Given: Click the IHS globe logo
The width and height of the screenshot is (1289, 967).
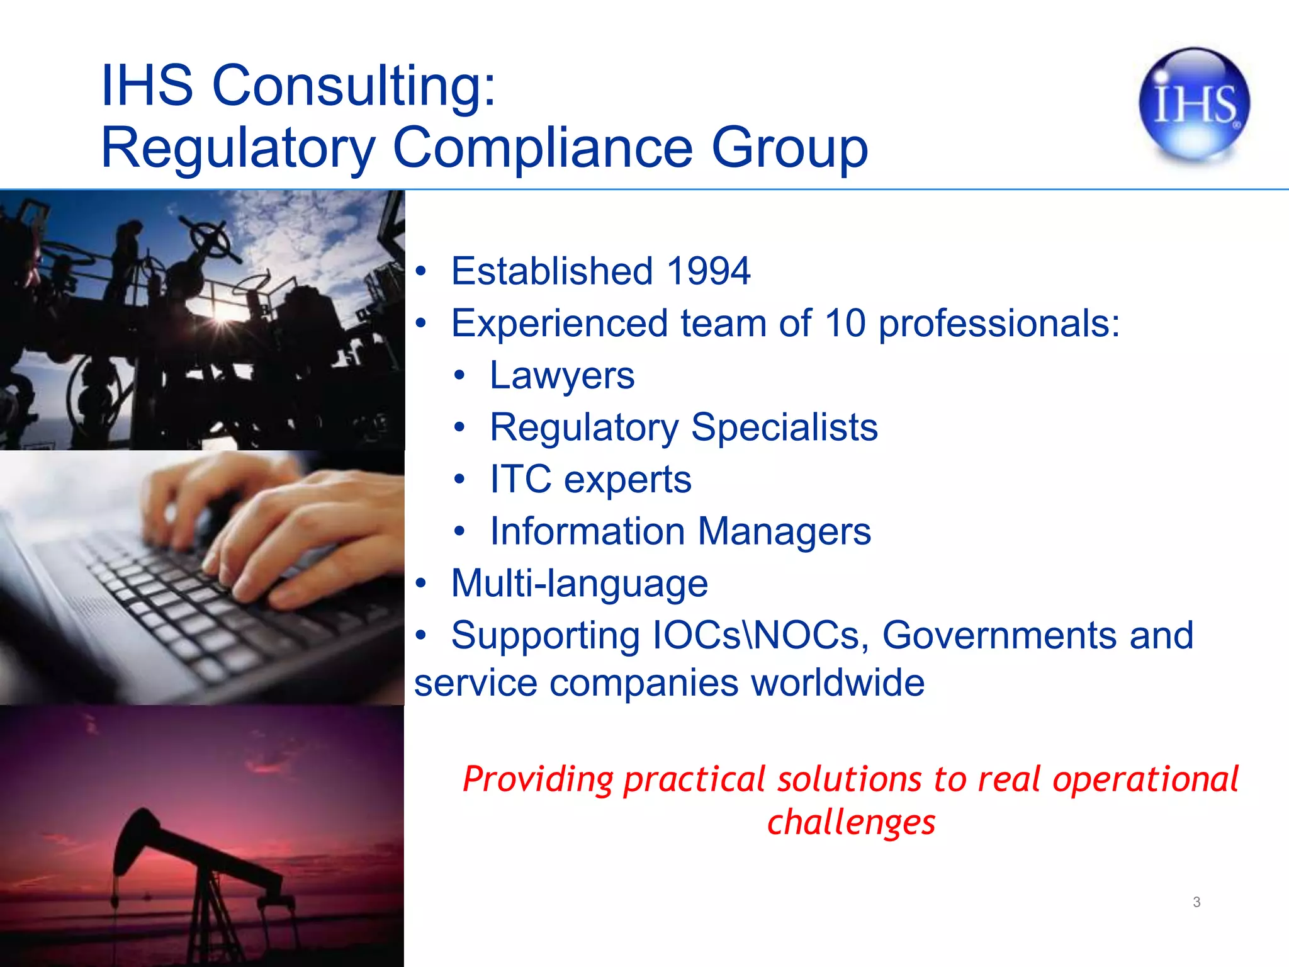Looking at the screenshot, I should pyautogui.click(x=1194, y=104).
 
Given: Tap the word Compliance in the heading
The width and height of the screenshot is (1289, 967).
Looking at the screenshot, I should pyautogui.click(x=543, y=147).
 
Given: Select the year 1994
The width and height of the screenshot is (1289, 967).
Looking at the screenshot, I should pyautogui.click(x=708, y=271).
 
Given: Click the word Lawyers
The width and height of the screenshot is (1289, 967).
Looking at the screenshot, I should pyautogui.click(x=562, y=376).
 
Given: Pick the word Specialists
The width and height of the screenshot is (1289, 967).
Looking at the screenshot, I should pyautogui.click(x=784, y=427).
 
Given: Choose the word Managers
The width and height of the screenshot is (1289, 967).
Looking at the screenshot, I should pyautogui.click(x=784, y=531).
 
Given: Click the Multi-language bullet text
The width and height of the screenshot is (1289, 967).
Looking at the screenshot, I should pyautogui.click(x=580, y=583).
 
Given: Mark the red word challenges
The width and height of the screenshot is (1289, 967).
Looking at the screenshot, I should pyautogui.click(x=851, y=822).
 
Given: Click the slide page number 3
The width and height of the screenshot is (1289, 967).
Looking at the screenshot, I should pyautogui.click(x=1196, y=902).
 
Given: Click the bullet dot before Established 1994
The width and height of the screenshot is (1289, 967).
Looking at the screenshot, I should pyautogui.click(x=421, y=272).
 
